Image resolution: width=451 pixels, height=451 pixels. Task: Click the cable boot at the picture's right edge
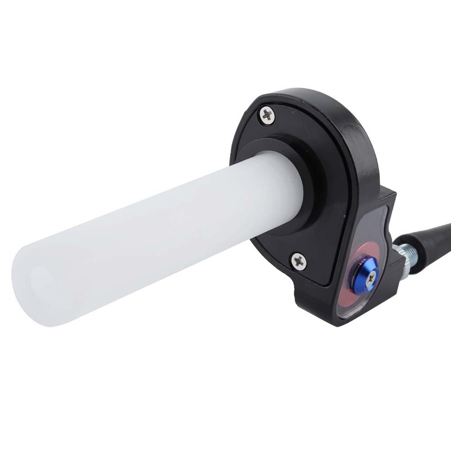pos(445,228)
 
